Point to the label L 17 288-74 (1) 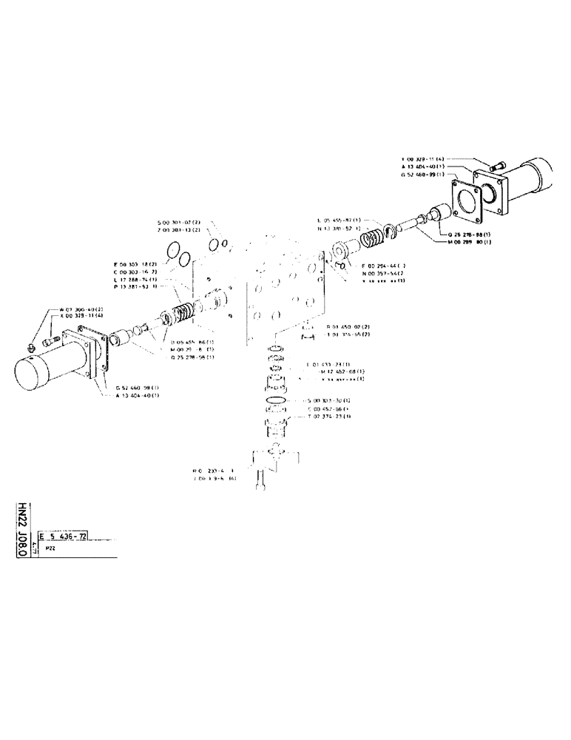(135, 279)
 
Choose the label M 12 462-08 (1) (342, 371)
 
